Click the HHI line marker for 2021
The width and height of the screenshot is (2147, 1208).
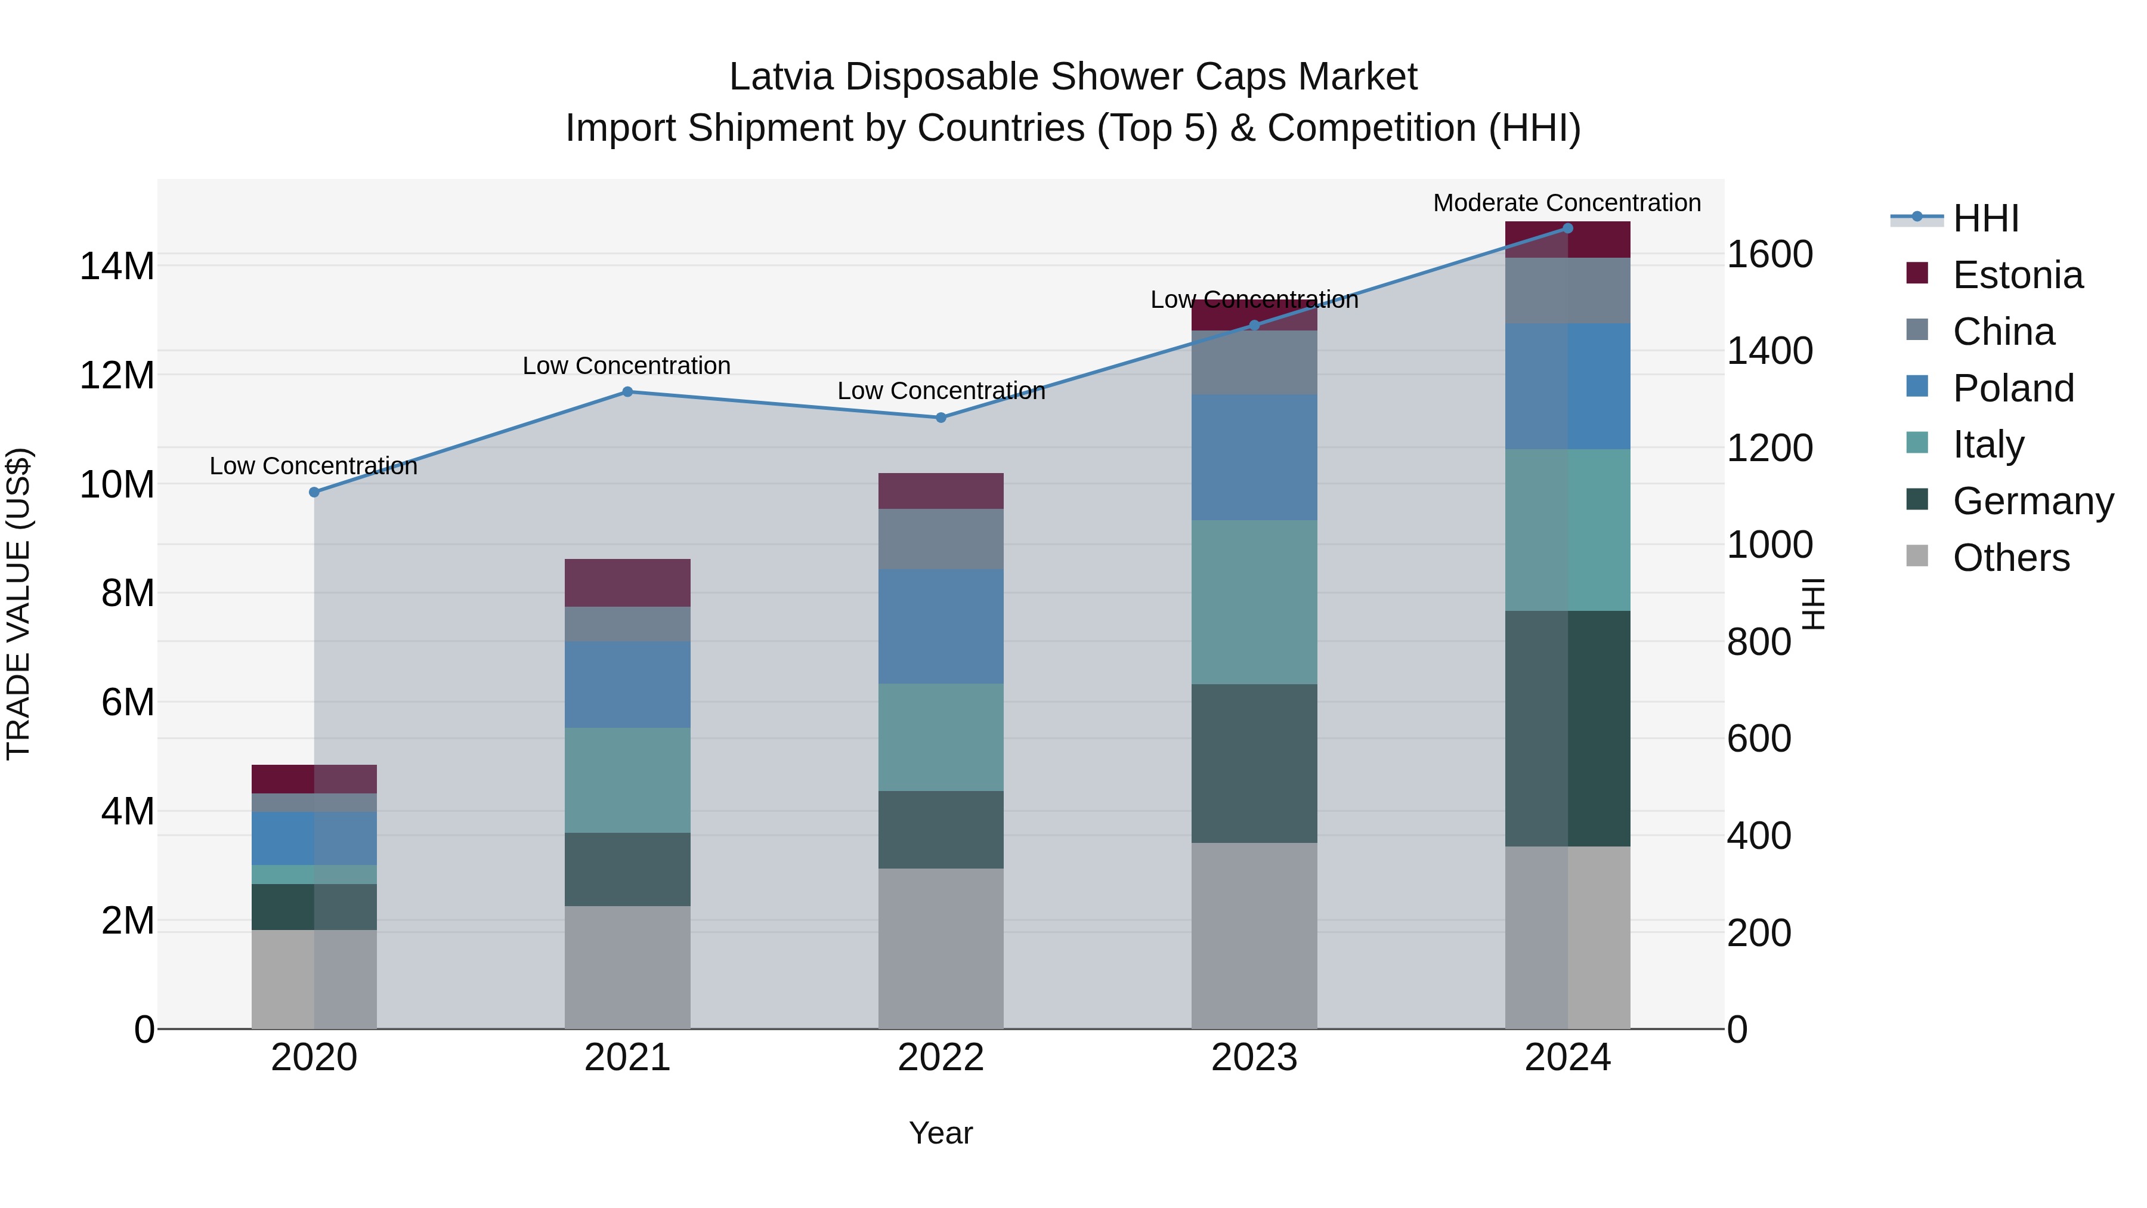(627, 392)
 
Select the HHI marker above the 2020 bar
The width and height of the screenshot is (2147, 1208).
(314, 493)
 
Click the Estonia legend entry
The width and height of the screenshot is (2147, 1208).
(2017, 275)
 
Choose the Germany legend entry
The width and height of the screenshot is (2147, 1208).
(2032, 501)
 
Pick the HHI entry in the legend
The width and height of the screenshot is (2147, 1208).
(1985, 218)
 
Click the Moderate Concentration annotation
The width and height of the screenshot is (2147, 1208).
(1567, 203)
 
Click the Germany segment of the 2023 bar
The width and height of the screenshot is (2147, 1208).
(1254, 763)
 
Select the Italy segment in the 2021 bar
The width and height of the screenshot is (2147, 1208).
(627, 780)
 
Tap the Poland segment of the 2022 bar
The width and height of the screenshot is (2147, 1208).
(941, 626)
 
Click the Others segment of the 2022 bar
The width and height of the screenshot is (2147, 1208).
(941, 948)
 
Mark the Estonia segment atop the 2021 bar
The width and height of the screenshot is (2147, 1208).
(627, 583)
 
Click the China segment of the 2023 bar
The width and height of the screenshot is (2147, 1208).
(1254, 363)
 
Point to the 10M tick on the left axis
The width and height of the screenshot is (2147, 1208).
(117, 484)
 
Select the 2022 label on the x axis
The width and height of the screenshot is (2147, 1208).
(941, 1058)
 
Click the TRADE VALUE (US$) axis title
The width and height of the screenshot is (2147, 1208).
(18, 604)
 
